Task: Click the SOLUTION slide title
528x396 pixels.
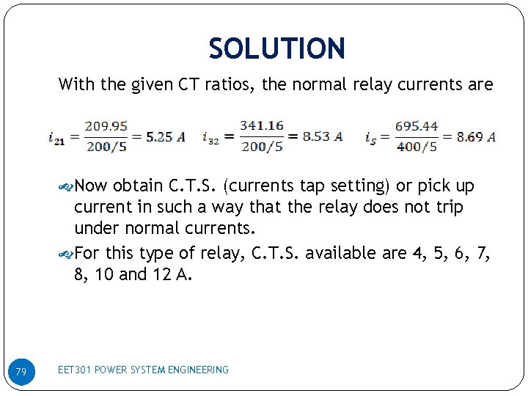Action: point(276,49)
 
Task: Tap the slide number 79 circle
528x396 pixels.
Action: point(21,373)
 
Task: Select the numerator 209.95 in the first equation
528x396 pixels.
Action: point(106,126)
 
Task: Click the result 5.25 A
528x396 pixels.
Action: point(165,136)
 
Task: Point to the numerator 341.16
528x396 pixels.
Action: point(261,126)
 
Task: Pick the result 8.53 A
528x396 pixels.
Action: point(322,136)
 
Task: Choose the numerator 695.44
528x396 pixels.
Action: point(416,126)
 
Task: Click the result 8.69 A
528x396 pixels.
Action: point(476,136)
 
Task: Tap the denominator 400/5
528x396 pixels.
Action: point(416,146)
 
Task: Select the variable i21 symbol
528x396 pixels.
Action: point(56,138)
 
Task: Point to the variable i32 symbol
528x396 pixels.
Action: point(211,138)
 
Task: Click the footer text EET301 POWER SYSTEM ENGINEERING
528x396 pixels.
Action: point(143,370)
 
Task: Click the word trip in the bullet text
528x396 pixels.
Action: point(447,207)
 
